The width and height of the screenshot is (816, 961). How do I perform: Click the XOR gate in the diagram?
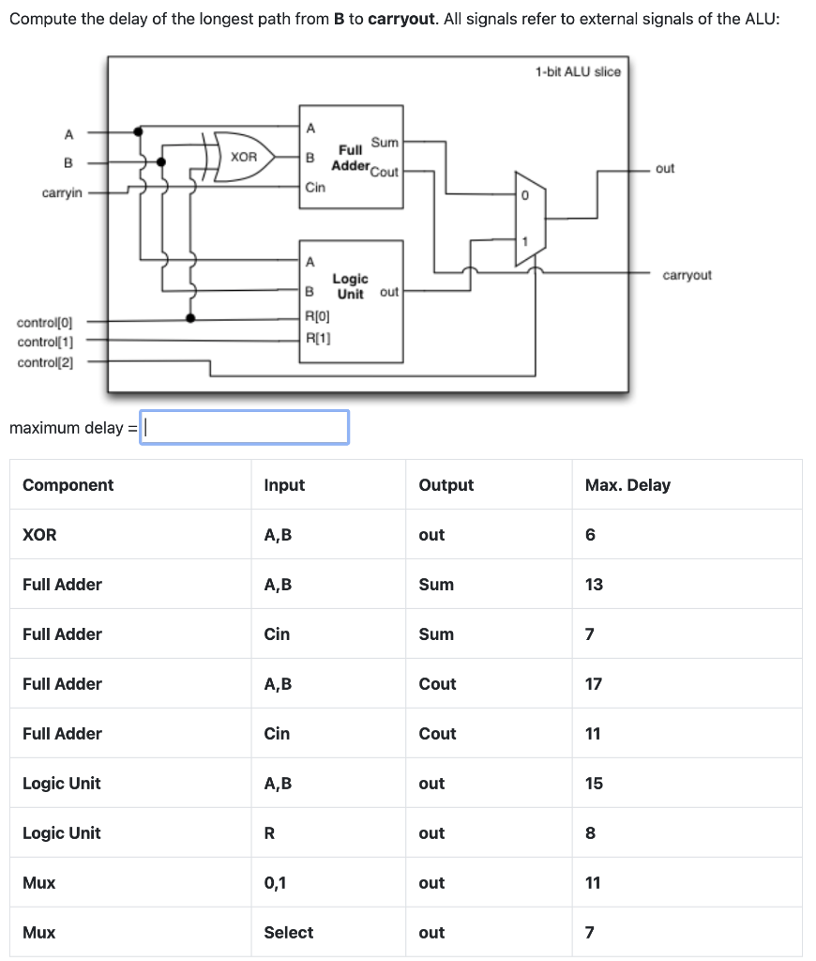click(x=244, y=157)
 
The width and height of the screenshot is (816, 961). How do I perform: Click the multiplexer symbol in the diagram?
click(x=526, y=218)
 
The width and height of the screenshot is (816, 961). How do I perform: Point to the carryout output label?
click(x=687, y=275)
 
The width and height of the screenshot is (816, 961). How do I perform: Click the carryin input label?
click(x=62, y=192)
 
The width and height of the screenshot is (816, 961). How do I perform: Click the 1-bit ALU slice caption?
click(x=578, y=71)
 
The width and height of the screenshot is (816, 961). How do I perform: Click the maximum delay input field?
click(x=245, y=428)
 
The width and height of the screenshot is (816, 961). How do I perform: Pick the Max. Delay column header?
click(x=627, y=485)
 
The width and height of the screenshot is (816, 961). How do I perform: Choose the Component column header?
click(x=68, y=485)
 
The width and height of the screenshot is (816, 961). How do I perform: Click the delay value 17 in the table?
click(x=594, y=684)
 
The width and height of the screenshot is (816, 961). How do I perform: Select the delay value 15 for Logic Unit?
click(x=594, y=784)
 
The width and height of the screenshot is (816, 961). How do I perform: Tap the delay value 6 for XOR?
click(x=590, y=535)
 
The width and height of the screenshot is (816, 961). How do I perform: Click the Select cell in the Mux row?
click(x=289, y=933)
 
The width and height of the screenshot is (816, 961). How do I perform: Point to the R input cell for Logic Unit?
click(x=270, y=833)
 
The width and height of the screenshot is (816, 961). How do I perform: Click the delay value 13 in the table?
click(x=594, y=585)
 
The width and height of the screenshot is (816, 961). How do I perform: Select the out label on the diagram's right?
click(x=665, y=169)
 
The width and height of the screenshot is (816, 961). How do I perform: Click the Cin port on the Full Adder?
click(x=316, y=188)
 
